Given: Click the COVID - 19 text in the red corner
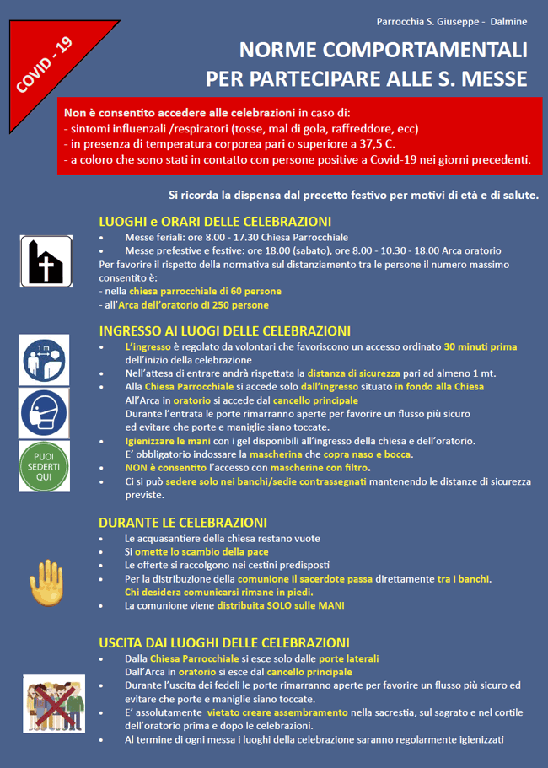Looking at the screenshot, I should pyautogui.click(x=44, y=65).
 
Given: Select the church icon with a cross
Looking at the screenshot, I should pyautogui.click(x=46, y=260).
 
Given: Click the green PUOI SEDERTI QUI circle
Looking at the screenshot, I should pyautogui.click(x=45, y=465).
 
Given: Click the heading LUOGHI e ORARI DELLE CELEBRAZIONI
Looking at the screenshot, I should pyautogui.click(x=214, y=222).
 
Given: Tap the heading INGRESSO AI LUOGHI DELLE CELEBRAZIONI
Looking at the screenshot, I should pyautogui.click(x=224, y=331).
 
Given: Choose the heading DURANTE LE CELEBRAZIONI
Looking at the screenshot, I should pyautogui.click(x=183, y=522).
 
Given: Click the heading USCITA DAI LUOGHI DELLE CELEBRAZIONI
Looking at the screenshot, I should pyautogui.click(x=223, y=642).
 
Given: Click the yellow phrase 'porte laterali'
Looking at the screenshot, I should pyautogui.click(x=349, y=658).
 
